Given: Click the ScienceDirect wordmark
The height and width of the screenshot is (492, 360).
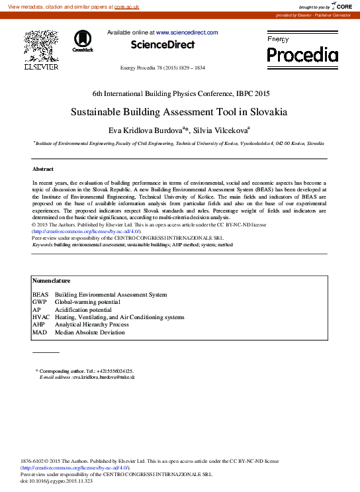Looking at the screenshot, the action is [163, 45].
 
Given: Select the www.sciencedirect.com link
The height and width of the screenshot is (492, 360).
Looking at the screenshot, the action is [187, 32].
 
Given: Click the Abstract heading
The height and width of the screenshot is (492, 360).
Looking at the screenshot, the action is [43, 169].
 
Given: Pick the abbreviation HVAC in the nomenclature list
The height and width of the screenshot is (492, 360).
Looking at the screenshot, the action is [41, 317].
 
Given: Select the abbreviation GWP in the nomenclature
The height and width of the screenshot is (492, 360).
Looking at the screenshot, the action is [40, 302].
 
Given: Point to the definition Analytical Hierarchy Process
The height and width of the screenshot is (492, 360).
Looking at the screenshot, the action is [91, 325].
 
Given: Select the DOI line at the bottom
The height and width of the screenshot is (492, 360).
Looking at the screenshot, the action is [57, 481].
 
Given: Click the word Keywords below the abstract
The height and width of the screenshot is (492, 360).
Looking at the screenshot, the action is [43, 244].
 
